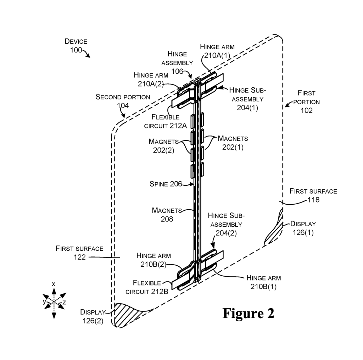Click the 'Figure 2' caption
[x=248, y=313]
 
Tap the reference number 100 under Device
[x=76, y=50]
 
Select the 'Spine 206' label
[x=166, y=184]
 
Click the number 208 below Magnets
[x=167, y=219]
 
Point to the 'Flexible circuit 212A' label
[x=165, y=121]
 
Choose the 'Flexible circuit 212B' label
[x=147, y=287]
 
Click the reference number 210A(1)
[x=217, y=56]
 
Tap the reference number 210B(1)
[x=263, y=287]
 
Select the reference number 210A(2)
[x=151, y=84]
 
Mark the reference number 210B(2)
[x=153, y=264]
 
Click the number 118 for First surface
[x=313, y=200]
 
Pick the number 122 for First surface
[x=80, y=257]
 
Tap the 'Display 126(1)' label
[x=303, y=228]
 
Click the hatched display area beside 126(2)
[x=130, y=314]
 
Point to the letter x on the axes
[x=54, y=284]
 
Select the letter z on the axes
[x=64, y=302]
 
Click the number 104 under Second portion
[x=123, y=106]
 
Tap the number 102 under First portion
[x=307, y=111]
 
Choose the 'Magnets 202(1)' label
[x=233, y=143]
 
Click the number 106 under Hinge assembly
[x=177, y=71]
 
